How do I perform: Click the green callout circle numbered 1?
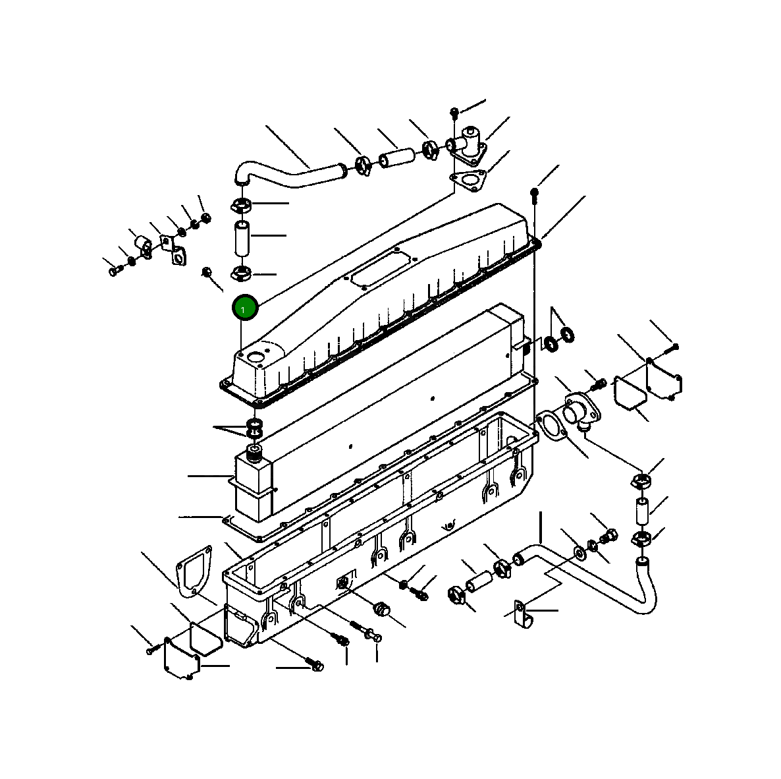coord(244,308)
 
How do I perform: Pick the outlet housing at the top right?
coord(466,144)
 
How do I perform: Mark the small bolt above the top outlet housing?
coord(454,113)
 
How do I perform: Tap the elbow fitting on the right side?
coord(581,411)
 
